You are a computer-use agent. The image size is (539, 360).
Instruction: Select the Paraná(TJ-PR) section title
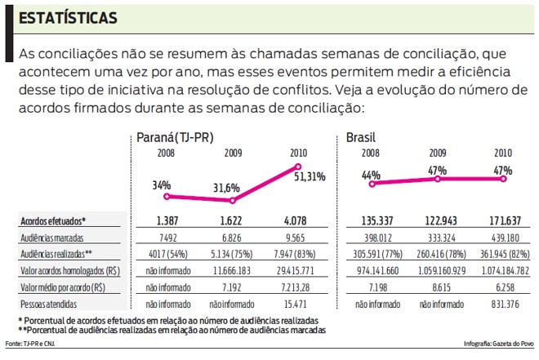pos(179,138)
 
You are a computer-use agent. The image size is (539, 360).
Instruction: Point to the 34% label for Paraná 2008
pos(162,184)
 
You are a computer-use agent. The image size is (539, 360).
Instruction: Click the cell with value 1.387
pos(167,221)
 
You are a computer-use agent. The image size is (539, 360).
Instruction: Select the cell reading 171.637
pos(504,221)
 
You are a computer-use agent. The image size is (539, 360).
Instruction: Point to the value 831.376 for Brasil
pos(504,301)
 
